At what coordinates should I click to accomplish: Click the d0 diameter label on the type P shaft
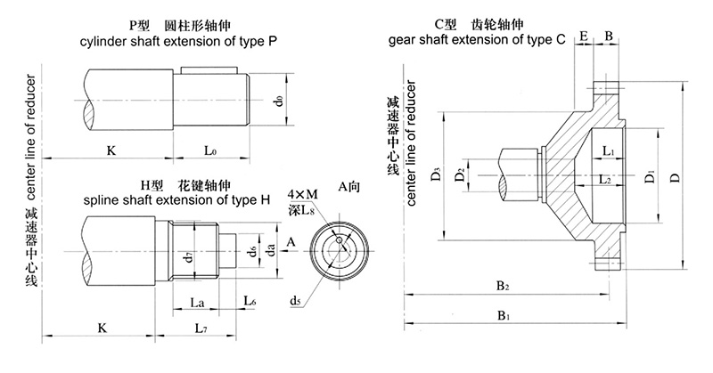click(x=279, y=101)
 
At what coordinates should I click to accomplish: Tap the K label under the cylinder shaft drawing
click(x=111, y=150)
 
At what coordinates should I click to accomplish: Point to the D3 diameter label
click(x=435, y=174)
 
